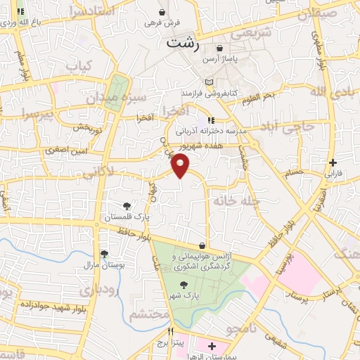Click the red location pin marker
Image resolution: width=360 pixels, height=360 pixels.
(x=181, y=166)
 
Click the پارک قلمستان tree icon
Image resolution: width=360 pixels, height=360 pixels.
(x=127, y=206)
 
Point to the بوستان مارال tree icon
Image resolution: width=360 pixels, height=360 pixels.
(x=104, y=254)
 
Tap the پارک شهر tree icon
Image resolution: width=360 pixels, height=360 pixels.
(x=184, y=285)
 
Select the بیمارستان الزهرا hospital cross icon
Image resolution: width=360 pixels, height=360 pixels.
(x=212, y=346)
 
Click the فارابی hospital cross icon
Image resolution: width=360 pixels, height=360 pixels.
(x=333, y=162)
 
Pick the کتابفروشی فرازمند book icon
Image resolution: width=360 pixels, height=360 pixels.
(x=210, y=83)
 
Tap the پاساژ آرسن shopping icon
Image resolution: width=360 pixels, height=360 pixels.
(x=220, y=49)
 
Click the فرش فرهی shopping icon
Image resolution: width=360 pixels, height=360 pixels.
(x=162, y=12)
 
